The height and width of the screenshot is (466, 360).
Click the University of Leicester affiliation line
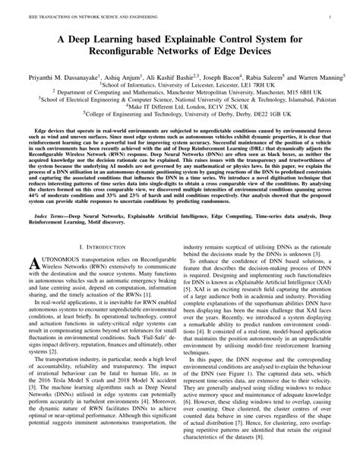(x=179, y=87)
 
